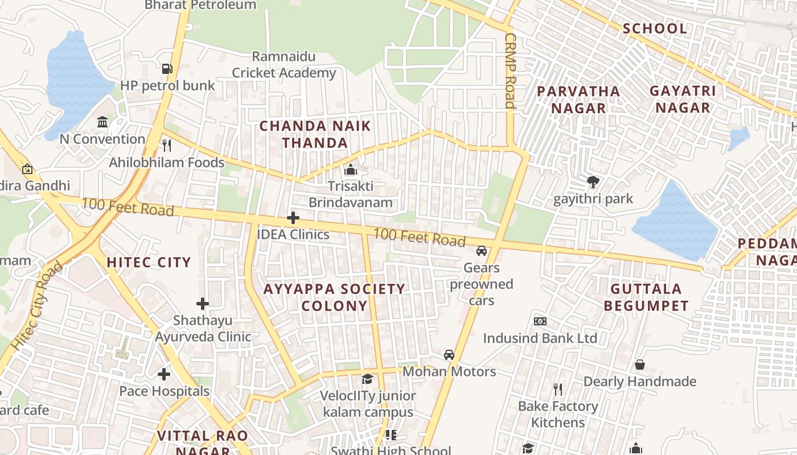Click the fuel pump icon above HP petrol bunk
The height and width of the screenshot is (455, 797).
point(167,69)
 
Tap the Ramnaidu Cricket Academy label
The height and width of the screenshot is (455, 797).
point(284,65)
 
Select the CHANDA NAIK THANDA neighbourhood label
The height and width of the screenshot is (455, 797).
point(315,134)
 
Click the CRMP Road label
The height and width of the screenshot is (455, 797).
point(510,69)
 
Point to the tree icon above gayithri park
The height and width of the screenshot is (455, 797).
point(593,182)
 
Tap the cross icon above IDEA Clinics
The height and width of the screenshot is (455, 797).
point(293,218)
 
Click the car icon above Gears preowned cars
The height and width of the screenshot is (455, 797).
point(482,250)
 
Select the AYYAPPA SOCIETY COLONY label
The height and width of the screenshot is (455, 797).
point(334,297)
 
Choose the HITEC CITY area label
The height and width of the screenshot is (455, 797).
point(149,262)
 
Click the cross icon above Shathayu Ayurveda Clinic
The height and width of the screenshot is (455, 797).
point(203,304)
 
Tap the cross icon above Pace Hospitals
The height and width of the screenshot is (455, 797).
point(164,374)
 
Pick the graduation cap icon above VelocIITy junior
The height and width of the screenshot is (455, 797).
point(368,379)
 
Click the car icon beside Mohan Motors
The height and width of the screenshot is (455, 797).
point(449,355)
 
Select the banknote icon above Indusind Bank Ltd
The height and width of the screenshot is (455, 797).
point(540,321)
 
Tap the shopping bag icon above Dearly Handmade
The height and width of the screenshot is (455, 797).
point(640,365)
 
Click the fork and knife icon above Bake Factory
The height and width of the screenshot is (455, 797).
point(558,390)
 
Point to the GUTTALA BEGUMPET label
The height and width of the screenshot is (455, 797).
point(646,297)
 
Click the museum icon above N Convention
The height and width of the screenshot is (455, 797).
point(102,122)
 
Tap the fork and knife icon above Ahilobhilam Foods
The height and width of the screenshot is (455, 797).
point(167,145)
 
